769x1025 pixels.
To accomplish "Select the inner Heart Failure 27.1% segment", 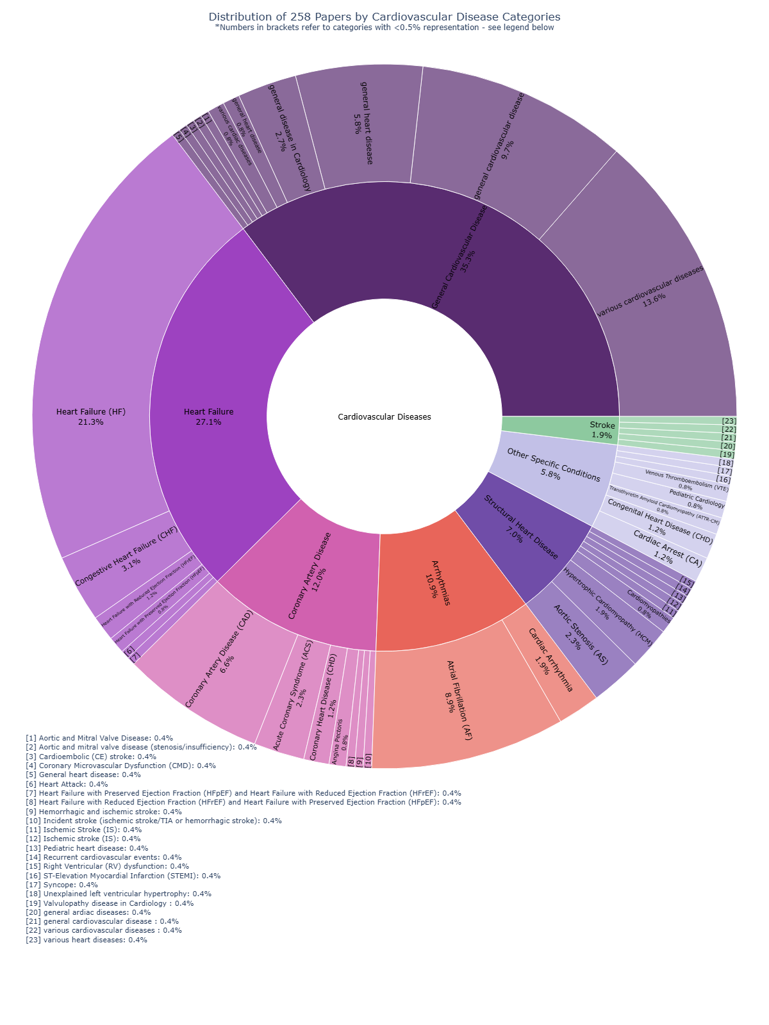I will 208,416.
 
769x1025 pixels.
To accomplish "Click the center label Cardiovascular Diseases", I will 384,416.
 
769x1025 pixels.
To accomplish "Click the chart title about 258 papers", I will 384,17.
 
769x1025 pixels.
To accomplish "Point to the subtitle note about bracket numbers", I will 384,28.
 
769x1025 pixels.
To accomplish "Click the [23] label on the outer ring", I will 729,421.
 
